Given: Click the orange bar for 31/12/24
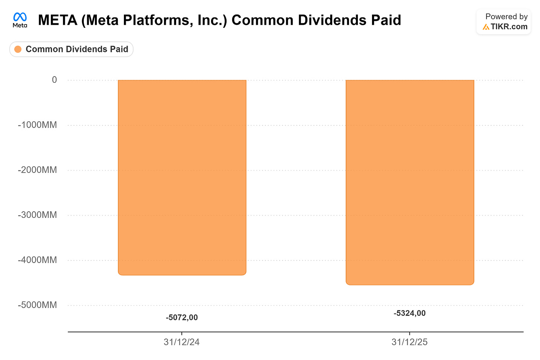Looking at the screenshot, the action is tap(182, 177).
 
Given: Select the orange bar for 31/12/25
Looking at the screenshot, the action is tap(410, 183).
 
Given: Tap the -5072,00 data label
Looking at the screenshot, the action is tap(182, 318).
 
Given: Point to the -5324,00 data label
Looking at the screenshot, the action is tap(409, 313).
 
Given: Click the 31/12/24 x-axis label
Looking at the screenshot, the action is tap(181, 342).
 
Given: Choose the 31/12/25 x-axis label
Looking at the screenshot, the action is tap(409, 342).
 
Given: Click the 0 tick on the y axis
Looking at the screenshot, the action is tap(55, 80).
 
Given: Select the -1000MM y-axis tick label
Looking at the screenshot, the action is tap(37, 125).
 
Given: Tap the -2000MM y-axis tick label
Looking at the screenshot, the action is tap(37, 170).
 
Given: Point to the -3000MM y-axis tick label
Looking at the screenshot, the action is tap(37, 215).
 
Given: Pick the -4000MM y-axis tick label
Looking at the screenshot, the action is tap(37, 260).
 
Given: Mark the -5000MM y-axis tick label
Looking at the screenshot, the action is tap(37, 305).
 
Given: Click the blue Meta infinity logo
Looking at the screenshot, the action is tap(20, 17).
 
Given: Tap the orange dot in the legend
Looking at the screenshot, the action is tap(18, 49).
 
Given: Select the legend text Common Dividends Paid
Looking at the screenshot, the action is tap(77, 49).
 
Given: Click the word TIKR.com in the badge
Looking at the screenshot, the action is tap(509, 27).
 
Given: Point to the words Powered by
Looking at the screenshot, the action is tap(507, 17).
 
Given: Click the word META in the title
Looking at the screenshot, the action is tap(57, 20).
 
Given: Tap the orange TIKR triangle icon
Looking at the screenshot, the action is tap(486, 27).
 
